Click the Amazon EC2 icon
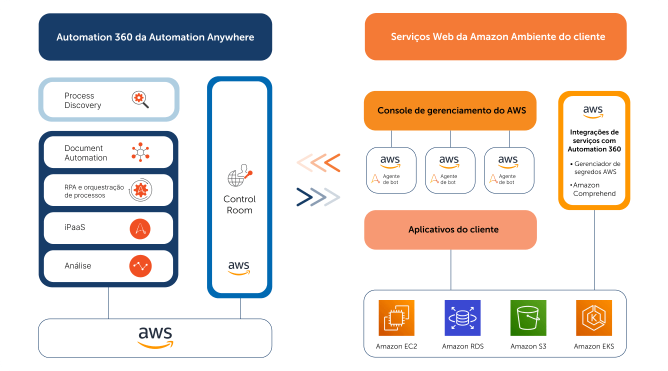(x=396, y=318)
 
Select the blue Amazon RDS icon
(x=462, y=318)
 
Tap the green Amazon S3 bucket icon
(x=528, y=318)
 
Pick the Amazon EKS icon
(x=594, y=318)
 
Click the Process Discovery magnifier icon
(x=140, y=99)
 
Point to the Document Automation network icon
(x=140, y=152)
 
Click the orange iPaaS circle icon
(x=140, y=228)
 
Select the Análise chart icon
(x=140, y=266)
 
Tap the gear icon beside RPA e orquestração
(x=140, y=189)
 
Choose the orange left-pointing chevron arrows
(x=318, y=163)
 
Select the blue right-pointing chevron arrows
(x=318, y=197)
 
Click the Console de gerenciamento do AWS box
(x=450, y=110)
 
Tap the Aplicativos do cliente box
(x=450, y=229)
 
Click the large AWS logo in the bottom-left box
(x=155, y=337)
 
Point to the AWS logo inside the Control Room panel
(x=239, y=268)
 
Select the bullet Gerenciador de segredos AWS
(x=595, y=167)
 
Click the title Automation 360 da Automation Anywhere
(x=155, y=37)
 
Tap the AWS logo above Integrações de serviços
(x=593, y=112)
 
